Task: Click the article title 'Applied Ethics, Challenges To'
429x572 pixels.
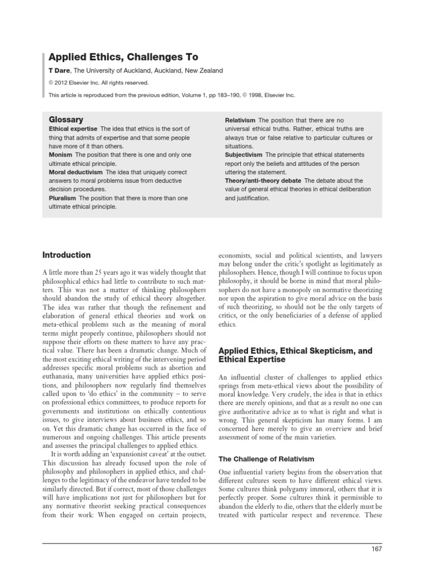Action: (123, 57)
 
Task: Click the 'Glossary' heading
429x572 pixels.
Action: (66, 120)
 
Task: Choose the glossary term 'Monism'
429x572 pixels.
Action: (61, 155)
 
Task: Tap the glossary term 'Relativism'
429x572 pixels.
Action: (240, 120)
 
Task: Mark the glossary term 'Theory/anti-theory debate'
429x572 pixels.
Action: (261, 181)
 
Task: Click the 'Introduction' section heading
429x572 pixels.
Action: (66, 255)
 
